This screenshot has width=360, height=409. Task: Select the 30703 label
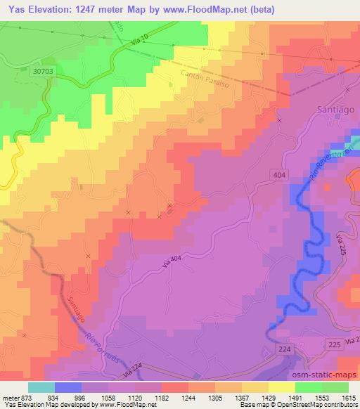[x=43, y=72]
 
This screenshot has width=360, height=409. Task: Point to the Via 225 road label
[x=343, y=246]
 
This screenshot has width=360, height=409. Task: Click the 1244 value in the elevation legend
[x=188, y=398]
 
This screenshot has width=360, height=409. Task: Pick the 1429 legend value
[x=269, y=398]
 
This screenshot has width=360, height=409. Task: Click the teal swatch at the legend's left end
[x=41, y=387]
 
